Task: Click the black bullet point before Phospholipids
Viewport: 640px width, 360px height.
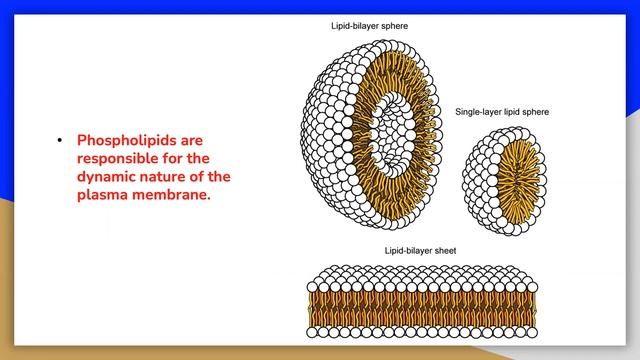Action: [60, 141]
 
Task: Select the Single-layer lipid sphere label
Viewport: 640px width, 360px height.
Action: [502, 113]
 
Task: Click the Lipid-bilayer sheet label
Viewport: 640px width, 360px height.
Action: [421, 250]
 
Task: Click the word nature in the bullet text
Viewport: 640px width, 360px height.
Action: [167, 177]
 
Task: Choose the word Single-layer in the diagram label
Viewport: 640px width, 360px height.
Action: [478, 113]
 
